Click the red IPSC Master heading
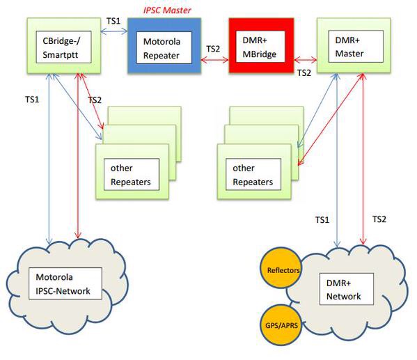167,10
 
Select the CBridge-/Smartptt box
64,45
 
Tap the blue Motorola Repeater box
164,45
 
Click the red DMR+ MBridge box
262,45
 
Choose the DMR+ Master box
354,45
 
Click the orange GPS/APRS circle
281,325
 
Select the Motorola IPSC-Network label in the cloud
63,284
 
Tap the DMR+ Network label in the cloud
344,290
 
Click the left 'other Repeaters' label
131,175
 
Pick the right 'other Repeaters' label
253,175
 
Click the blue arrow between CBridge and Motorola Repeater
114,31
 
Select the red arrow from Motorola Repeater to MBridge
214,60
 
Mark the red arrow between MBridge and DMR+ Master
306,60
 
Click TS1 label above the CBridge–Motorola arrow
113,21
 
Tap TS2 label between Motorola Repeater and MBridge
213,49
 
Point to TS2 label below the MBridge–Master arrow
304,73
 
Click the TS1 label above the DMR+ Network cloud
322,220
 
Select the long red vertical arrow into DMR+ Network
363,159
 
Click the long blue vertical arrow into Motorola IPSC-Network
49,159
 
